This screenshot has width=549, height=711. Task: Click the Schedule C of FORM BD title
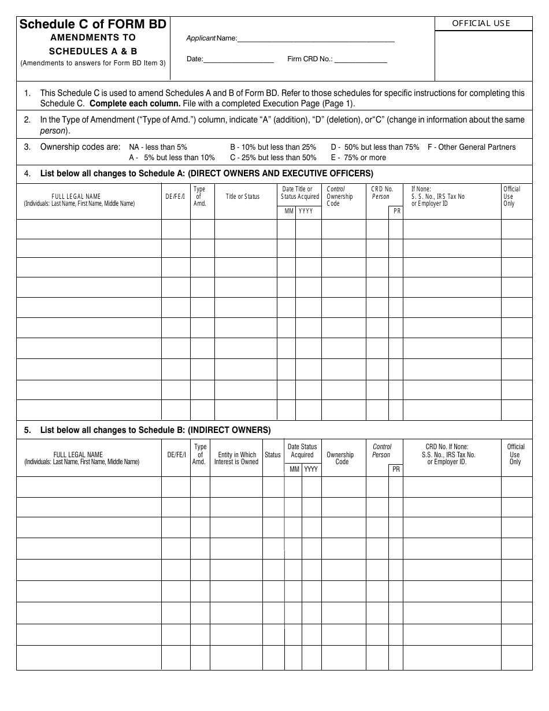pos(93,24)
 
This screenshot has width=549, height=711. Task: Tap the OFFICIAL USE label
pos(481,23)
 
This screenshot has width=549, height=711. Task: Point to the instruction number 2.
pos(27,120)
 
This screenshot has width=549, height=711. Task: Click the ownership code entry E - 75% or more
pos(358,157)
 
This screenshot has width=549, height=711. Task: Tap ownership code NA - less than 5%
pos(158,147)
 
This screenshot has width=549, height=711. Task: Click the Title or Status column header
pos(242,197)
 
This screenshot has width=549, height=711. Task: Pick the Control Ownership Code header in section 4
pos(339,197)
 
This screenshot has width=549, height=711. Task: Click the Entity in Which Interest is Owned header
pos(236,458)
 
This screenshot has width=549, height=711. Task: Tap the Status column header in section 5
pos(273,455)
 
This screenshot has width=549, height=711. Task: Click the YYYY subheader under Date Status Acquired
pos(311,469)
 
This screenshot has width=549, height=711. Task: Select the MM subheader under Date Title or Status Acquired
pos(289,212)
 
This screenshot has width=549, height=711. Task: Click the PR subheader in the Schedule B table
pos(396,469)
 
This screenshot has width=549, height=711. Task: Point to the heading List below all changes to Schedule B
pos(155,430)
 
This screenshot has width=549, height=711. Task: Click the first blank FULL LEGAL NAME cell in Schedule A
pos(88,229)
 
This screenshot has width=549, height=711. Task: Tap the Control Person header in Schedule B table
pos(381,451)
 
